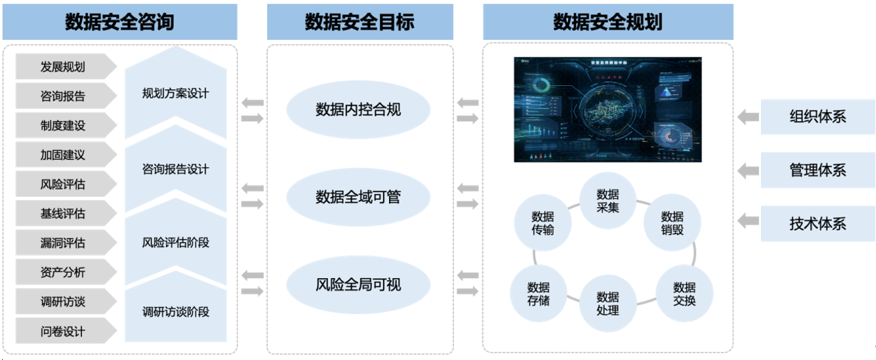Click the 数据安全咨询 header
[120, 22]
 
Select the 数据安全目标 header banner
[359, 22]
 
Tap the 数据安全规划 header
[607, 22]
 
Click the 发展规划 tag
[63, 67]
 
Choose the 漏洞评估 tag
[63, 243]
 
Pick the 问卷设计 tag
[63, 332]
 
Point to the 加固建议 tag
[63, 155]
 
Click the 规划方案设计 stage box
[175, 93]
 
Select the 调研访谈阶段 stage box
[175, 312]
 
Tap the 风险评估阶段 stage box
[175, 242]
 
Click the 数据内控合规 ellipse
[359, 109]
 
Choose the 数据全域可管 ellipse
[359, 197]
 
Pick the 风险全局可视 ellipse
[359, 285]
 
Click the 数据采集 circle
[607, 201]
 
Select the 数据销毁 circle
[672, 223]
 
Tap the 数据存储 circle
[538, 294]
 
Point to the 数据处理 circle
[607, 303]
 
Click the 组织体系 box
[817, 116]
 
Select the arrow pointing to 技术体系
[747, 221]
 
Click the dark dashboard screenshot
[607, 109]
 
